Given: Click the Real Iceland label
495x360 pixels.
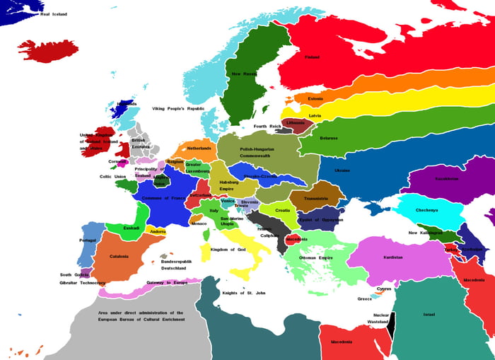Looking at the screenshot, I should (x=54, y=14).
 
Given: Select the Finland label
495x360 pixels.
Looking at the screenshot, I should (x=312, y=57).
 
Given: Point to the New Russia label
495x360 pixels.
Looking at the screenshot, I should (x=245, y=74).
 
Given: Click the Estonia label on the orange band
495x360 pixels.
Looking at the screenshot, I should (x=315, y=98).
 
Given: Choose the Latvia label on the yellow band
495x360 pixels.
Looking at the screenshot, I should (x=315, y=115).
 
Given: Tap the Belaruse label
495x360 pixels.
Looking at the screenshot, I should (x=329, y=138).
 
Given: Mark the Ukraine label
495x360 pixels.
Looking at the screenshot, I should (x=342, y=170).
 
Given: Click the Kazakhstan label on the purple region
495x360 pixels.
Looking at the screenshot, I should (x=446, y=178).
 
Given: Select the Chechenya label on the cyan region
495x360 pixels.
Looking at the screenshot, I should (x=426, y=209).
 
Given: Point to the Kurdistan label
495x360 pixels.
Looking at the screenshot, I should (x=393, y=257).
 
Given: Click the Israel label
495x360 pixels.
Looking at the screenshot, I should (x=429, y=314).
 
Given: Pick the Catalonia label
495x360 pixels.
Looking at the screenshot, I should (x=119, y=256).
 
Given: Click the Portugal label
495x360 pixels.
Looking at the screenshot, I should (x=88, y=240).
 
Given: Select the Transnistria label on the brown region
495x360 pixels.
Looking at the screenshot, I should (x=316, y=199).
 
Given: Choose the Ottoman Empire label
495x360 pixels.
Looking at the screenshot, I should (x=315, y=258).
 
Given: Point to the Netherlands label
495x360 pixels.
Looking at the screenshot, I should (x=199, y=149).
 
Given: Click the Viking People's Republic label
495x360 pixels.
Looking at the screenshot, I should (x=178, y=108).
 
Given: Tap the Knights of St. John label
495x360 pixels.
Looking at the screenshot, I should (x=244, y=293).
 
